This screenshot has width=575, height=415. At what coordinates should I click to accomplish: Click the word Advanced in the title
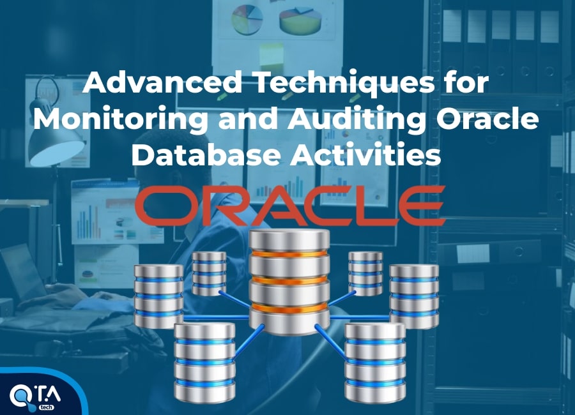(x=162, y=82)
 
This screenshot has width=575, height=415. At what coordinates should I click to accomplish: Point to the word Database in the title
(x=206, y=154)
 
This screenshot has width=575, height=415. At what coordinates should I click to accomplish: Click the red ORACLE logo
(x=290, y=206)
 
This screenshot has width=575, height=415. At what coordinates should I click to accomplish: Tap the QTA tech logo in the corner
(x=35, y=396)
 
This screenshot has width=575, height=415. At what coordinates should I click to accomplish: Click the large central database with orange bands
(x=289, y=282)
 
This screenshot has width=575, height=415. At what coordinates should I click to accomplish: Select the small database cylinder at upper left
(x=209, y=273)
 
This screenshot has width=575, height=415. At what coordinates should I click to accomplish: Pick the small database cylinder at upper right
(x=365, y=273)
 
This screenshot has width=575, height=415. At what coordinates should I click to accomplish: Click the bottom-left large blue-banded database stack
(x=204, y=362)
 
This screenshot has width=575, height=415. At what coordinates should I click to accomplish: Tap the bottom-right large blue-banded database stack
(x=375, y=362)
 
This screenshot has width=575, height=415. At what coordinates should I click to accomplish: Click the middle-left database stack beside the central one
(x=158, y=296)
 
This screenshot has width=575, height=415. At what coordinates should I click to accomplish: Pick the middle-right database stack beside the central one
(x=414, y=296)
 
